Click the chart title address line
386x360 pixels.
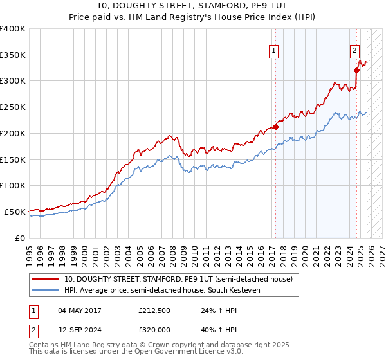(x=193, y=6)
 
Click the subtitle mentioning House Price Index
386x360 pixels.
(x=193, y=17)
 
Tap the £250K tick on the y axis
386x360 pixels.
(x=13, y=107)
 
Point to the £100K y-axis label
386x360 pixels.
(x=13, y=186)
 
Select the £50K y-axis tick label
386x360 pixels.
(x=15, y=212)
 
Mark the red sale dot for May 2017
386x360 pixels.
(x=275, y=127)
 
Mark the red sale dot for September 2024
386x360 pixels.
(x=356, y=71)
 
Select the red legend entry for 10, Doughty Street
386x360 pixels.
(x=178, y=279)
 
